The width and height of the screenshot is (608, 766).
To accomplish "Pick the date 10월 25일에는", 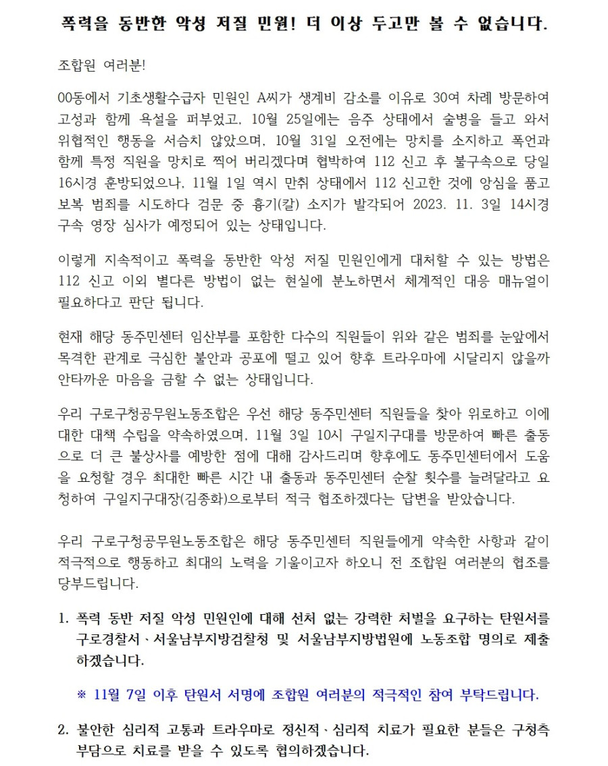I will [288, 121].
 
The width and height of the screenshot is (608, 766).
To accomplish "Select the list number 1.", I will [64, 618].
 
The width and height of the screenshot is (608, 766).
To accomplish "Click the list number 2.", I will [64, 730].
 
